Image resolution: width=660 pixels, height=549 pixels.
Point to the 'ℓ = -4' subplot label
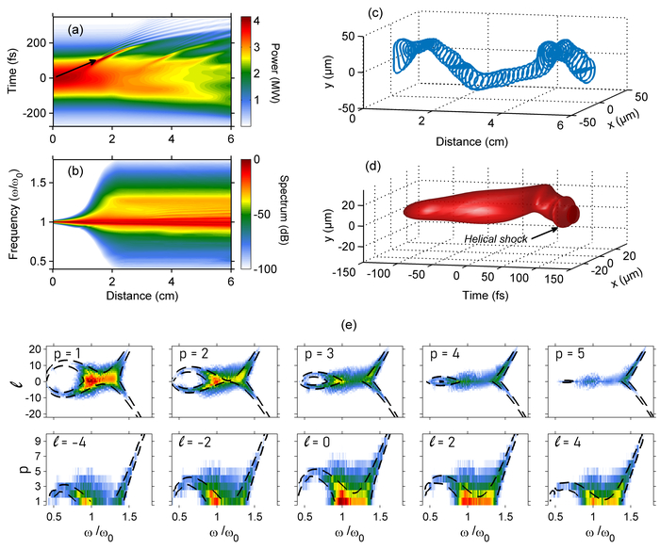[72, 441]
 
